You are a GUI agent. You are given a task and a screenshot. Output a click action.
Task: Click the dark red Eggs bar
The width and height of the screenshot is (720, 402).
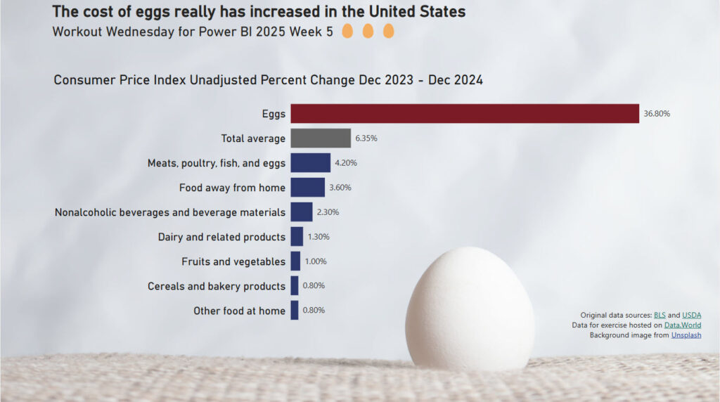464,113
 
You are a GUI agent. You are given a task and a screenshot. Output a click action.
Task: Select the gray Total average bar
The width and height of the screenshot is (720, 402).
321,138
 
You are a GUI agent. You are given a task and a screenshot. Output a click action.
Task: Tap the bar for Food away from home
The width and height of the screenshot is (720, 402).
307,187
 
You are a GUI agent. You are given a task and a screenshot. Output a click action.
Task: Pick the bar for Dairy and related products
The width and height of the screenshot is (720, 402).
297,236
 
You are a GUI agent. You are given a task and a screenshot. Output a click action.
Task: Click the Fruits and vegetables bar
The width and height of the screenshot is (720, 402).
295,261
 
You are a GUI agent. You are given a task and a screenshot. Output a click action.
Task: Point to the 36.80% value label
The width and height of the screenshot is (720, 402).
657,113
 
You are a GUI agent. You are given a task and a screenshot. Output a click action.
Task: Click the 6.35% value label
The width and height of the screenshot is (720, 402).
366,138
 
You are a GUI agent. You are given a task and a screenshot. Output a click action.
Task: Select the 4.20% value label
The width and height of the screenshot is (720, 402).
346,163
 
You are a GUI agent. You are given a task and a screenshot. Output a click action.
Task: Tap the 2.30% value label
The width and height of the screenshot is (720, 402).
328,212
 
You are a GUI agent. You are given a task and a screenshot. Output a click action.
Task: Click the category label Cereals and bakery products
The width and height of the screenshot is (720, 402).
217,286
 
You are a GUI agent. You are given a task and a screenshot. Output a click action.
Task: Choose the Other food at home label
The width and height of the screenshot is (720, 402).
239,311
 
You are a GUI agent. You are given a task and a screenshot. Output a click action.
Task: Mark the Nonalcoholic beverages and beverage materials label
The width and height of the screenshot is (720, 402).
170,212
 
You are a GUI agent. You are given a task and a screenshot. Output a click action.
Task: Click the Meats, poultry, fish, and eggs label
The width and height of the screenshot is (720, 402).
217,163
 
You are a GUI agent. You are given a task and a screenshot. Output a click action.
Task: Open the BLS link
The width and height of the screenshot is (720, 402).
660,315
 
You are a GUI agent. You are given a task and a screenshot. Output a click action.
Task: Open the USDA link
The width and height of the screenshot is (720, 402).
691,315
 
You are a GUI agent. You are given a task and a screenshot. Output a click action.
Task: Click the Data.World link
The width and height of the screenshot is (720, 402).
682,325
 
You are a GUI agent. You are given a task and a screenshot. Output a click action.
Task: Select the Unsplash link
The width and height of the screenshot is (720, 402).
686,335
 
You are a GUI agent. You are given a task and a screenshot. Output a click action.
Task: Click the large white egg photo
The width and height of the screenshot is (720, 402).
469,309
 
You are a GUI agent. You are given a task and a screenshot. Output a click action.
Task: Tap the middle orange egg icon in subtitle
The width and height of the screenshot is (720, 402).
368,32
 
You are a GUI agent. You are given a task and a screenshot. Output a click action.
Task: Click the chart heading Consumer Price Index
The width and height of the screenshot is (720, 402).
268,80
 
